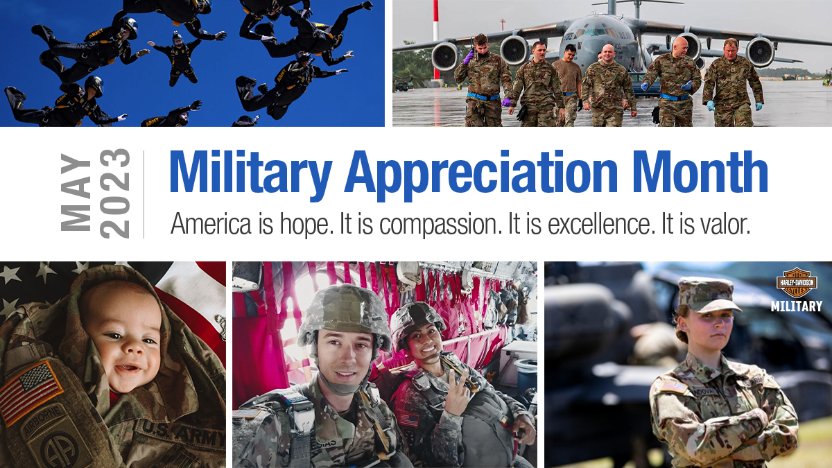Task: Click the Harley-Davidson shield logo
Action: [796, 283]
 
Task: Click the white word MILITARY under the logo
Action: [796, 306]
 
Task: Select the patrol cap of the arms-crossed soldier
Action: [704, 294]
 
